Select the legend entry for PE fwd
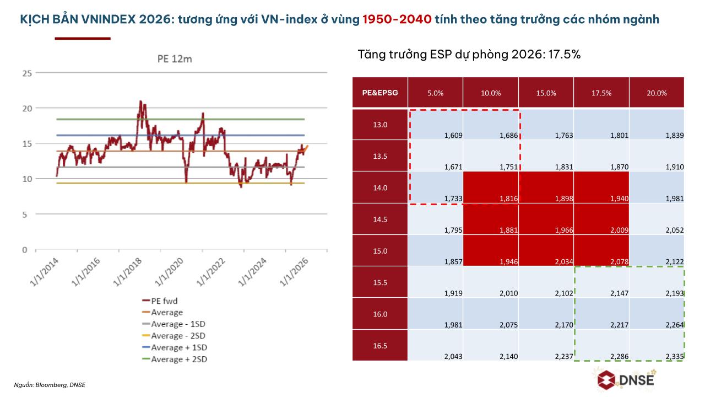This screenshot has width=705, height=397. point(164,301)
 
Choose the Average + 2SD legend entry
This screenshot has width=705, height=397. point(179,360)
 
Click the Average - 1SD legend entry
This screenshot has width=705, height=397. point(177,324)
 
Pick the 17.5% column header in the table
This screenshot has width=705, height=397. point(601,93)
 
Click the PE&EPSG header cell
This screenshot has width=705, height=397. point(379,93)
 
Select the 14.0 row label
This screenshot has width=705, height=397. point(379,187)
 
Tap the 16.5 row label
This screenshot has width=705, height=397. point(379,346)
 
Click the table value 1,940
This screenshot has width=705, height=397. point(619,198)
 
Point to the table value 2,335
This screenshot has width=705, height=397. point(674,357)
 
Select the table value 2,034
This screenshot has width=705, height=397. point(563,262)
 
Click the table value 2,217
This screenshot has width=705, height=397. point(619,325)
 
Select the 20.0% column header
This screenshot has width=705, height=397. point(657,93)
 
